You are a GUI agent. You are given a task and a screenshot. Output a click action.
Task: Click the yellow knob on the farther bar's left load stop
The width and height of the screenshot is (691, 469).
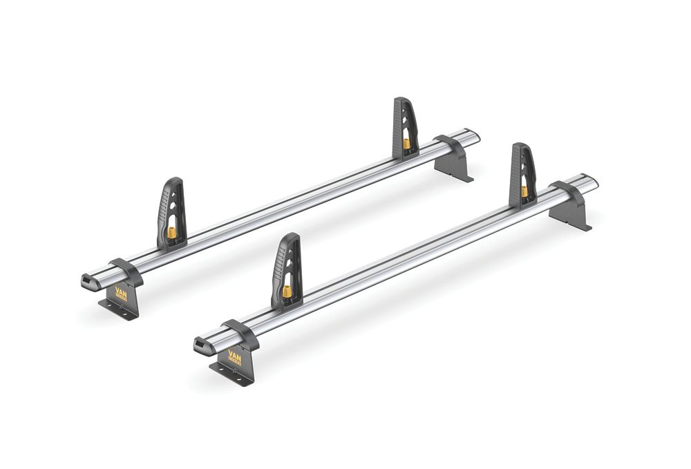point(171,233)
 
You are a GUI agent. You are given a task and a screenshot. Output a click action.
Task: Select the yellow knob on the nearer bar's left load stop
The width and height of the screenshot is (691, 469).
point(286,291)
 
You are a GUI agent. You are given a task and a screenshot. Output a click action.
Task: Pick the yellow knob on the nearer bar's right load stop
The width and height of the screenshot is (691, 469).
point(524,191)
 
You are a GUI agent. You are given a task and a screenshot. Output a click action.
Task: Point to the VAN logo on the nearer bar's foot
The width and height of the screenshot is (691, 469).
point(235,358)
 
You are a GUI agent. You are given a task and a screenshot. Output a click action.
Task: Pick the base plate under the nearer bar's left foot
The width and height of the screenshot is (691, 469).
point(232,375)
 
